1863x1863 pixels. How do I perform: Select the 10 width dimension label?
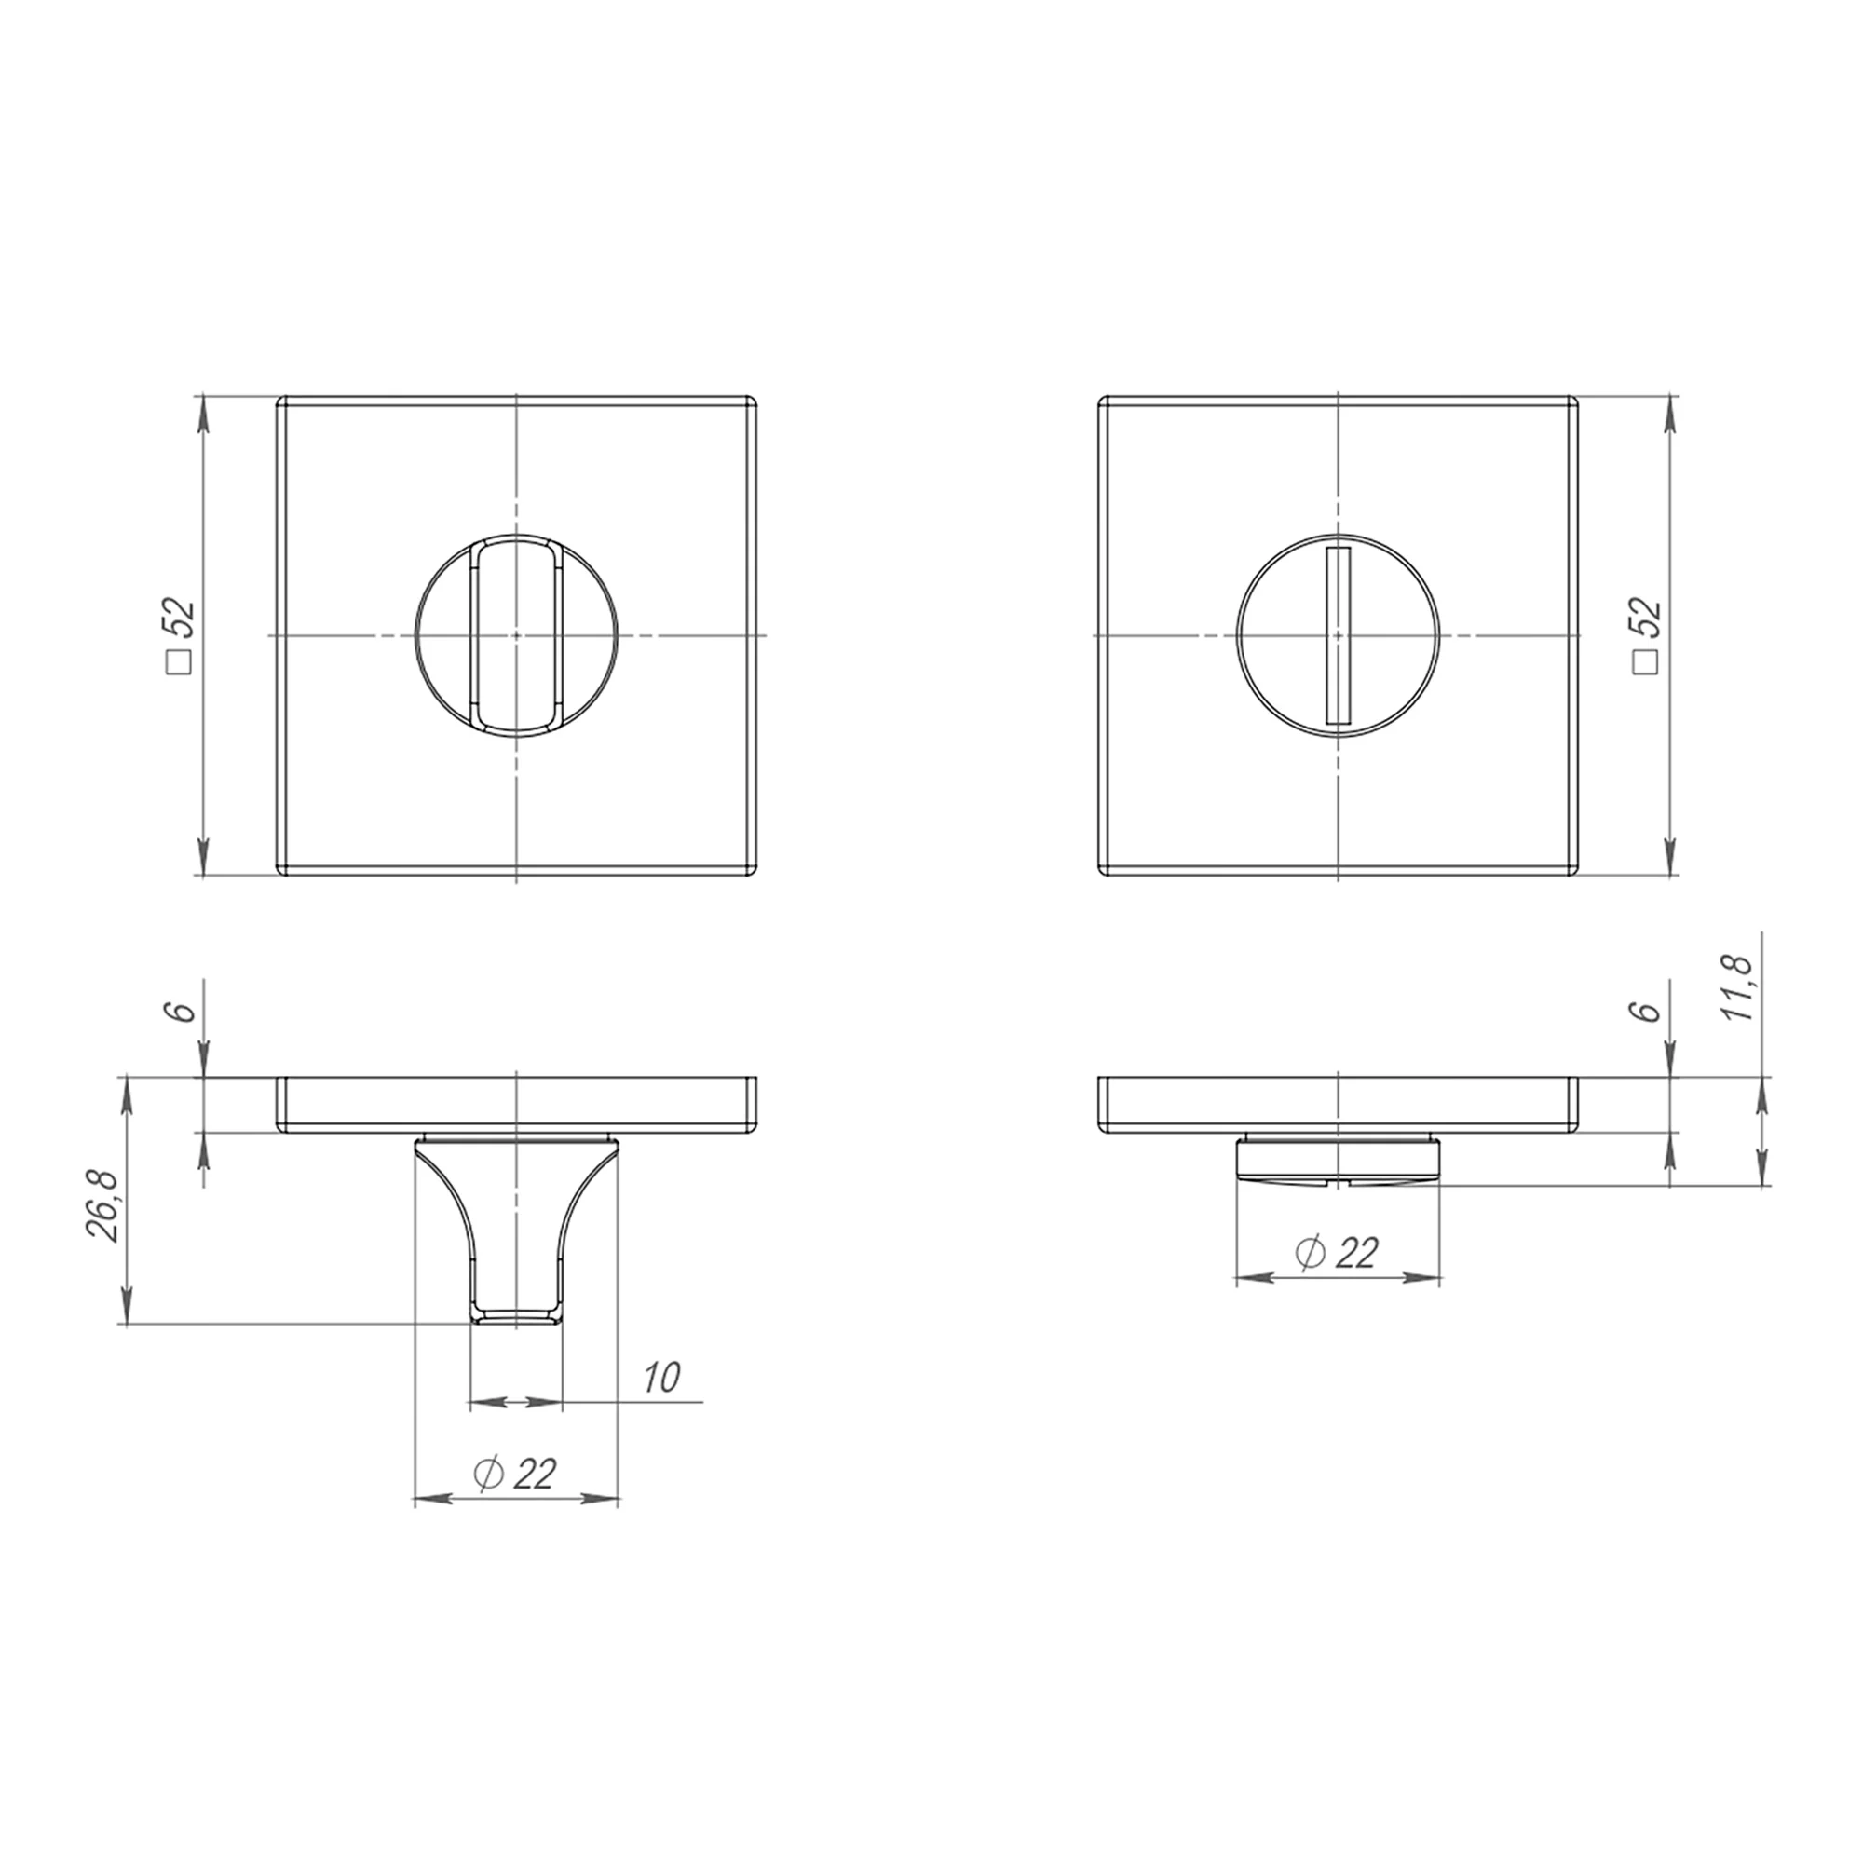click(x=662, y=1377)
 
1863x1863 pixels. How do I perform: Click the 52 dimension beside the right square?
click(x=1647, y=615)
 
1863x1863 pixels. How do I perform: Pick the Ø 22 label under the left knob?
click(x=516, y=1473)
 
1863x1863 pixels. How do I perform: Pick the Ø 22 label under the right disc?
click(x=1338, y=1253)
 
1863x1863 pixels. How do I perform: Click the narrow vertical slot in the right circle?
click(x=1339, y=635)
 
